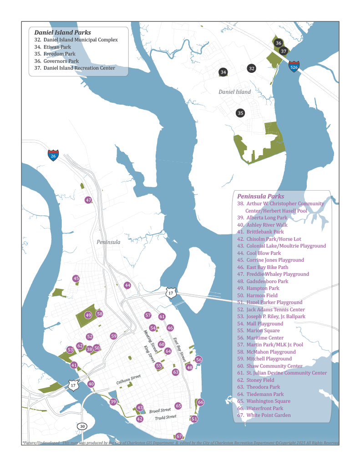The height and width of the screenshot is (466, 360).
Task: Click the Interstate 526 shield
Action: pyautogui.click(x=294, y=66)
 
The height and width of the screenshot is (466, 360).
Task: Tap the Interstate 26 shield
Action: pyautogui.click(x=53, y=155)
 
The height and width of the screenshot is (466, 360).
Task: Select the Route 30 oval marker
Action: pyautogui.click(x=82, y=426)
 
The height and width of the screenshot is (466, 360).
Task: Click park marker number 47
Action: pyautogui.click(x=88, y=200)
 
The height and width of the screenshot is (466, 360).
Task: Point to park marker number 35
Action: pyautogui.click(x=240, y=113)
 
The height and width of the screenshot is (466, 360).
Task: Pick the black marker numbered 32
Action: pyautogui.click(x=251, y=68)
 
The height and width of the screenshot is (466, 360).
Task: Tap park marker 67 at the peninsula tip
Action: pyautogui.click(x=179, y=436)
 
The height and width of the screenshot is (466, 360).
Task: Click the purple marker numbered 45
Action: pyautogui.click(x=76, y=279)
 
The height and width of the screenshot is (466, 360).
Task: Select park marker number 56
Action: pyautogui.click(x=199, y=360)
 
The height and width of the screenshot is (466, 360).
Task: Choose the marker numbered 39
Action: pyautogui.click(x=113, y=401)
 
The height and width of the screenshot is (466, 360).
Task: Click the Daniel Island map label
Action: pyautogui.click(x=234, y=92)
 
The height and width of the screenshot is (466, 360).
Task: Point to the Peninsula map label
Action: pyautogui.click(x=108, y=242)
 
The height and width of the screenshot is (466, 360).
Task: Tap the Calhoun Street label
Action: pyautogui.click(x=128, y=379)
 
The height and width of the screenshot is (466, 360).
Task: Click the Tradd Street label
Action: pyautogui.click(x=165, y=417)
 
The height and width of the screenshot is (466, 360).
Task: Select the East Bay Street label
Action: pyautogui.click(x=178, y=350)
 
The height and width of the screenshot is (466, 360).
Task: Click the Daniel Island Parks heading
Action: pyautogui.click(x=62, y=32)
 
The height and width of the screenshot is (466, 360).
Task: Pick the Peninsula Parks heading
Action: pyautogui.click(x=260, y=196)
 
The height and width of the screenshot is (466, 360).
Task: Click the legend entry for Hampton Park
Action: pyautogui.click(x=263, y=288)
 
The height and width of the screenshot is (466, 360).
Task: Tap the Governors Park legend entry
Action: pyautogui.click(x=61, y=61)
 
